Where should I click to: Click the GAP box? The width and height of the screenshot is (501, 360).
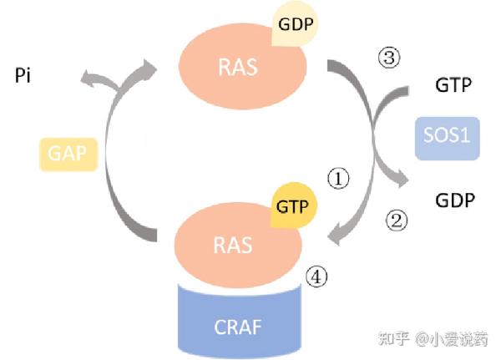coord(68,154)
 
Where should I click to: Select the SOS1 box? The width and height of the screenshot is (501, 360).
coord(447,138)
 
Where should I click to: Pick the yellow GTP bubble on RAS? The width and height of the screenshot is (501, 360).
coord(293,205)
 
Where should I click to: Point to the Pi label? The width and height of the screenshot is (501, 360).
coord(23,76)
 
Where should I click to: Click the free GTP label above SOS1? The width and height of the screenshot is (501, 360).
coord(453,85)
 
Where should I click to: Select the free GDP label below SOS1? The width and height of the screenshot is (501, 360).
coord(455,200)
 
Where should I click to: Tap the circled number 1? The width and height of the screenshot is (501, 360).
coord(338,179)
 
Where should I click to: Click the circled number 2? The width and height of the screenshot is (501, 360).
coord(397,221)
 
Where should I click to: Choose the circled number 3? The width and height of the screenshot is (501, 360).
coord(388,58)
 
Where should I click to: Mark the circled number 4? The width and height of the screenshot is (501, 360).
coord(316,276)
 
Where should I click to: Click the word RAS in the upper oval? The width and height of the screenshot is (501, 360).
coord(238,67)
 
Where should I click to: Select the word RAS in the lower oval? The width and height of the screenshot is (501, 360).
coord(233,246)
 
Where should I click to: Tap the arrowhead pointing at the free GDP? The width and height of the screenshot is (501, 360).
coord(402,180)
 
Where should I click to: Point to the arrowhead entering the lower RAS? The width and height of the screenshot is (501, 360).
coord(335,236)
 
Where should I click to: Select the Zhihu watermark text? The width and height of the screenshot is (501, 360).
coord(433,339)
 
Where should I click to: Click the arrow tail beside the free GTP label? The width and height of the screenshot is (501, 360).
coord(404,91)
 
